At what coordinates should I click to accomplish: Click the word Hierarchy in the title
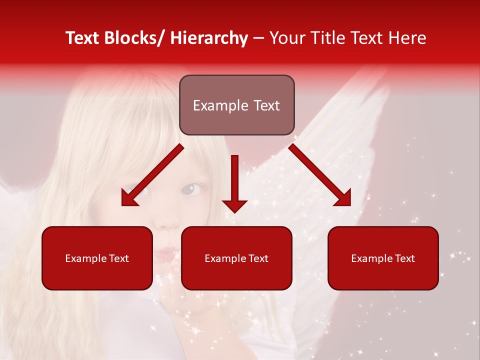point(209,38)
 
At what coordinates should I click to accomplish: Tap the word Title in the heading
point(324,38)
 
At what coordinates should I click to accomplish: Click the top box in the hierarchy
point(236,105)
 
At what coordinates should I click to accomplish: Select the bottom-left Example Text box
point(97,258)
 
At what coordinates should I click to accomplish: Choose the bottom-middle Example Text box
point(236,258)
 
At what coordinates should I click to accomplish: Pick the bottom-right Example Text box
point(383,258)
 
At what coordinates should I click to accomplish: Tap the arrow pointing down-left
point(152,175)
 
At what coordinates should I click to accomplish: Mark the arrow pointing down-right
point(320,175)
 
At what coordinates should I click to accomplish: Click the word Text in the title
point(82,38)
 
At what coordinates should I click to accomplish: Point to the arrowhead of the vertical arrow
point(234,205)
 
